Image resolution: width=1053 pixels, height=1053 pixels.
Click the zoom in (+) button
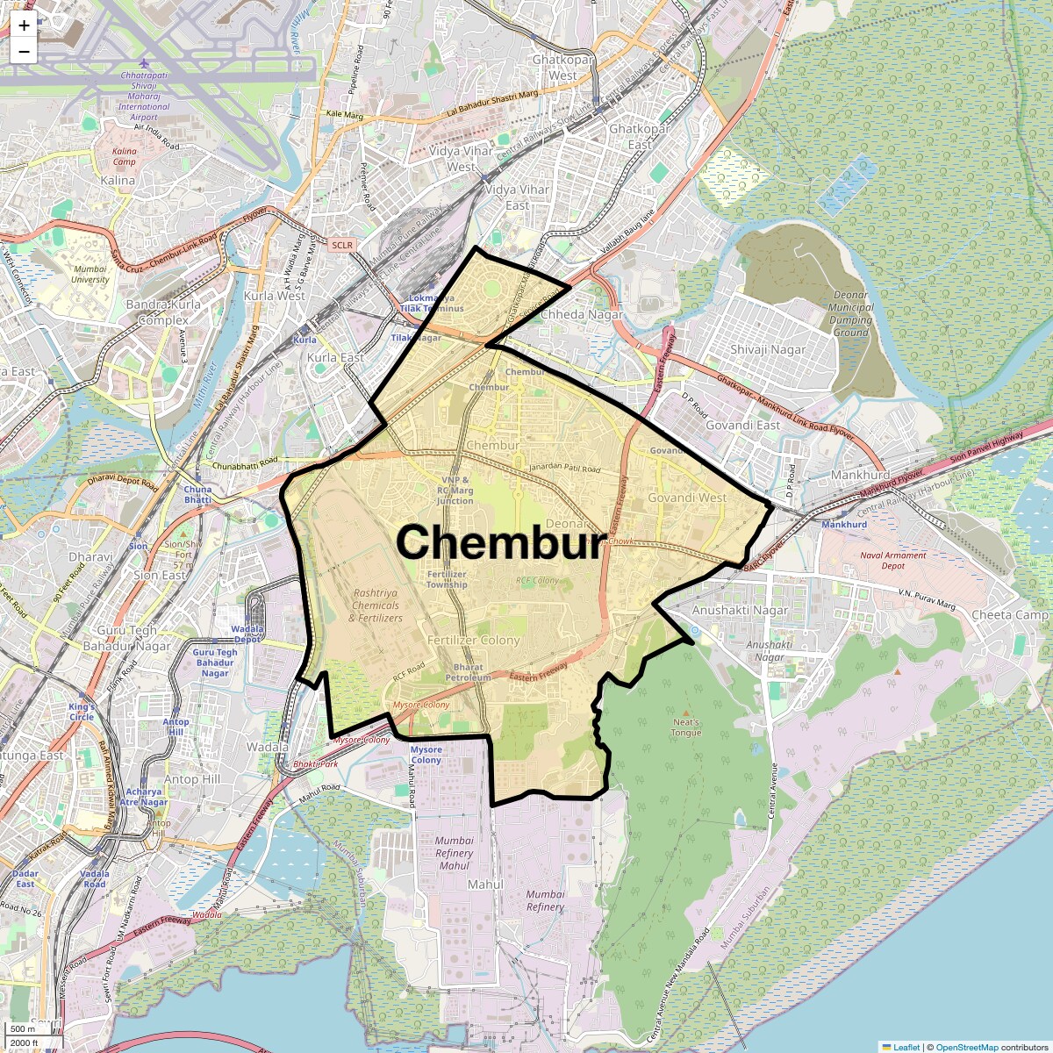coord(24,25)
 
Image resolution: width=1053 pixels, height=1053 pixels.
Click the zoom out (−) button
coord(24,52)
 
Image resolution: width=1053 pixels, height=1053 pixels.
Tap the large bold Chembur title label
coord(500,542)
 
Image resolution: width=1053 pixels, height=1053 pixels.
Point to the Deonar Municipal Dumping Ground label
coord(850,314)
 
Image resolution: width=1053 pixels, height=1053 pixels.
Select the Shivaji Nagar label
coord(768,349)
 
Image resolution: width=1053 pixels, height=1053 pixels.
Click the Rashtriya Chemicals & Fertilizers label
coord(376,605)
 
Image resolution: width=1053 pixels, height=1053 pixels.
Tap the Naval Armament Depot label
coord(893,561)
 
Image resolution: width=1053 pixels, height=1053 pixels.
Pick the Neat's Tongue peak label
coord(686,727)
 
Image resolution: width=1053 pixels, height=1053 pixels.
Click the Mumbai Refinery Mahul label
coord(454,853)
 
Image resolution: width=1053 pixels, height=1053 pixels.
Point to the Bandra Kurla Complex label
coord(163,312)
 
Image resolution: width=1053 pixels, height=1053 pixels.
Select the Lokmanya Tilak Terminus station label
coord(431,304)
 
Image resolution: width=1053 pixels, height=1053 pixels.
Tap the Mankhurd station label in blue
coord(844,525)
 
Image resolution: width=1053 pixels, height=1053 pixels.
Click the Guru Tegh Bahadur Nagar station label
coord(215,663)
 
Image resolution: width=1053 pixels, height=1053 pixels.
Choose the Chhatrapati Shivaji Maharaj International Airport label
coord(144,96)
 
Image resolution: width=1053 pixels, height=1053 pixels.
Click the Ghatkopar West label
coord(563,68)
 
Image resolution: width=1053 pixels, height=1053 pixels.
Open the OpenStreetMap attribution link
coord(966,1047)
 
